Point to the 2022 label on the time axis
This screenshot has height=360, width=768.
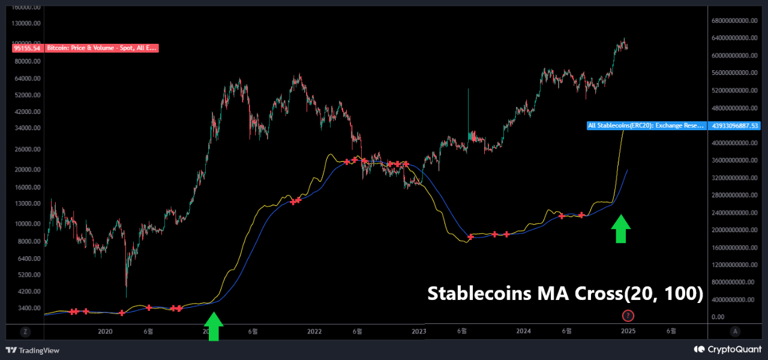pos(314,331)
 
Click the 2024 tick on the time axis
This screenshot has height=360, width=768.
pos(523,331)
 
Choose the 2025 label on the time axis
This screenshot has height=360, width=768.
pos(628,331)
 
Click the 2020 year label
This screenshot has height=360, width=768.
pos(105,331)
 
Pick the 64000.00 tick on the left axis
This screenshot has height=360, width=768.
pos(28,79)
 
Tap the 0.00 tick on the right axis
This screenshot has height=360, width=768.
pos(718,317)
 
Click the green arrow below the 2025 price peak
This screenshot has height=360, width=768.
pos(621,229)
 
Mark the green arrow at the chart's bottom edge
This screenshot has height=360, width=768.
pos(213,326)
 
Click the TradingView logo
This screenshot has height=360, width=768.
pos(32,350)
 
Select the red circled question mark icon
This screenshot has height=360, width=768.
pos(628,316)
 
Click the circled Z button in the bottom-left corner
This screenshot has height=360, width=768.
pos(25,331)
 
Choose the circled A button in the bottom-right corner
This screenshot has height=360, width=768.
pos(736,331)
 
